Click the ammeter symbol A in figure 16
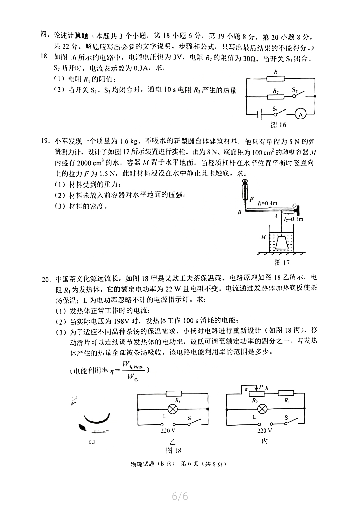click(301, 114)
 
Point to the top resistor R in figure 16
click(276, 78)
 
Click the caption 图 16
click(278, 125)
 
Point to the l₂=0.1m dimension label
click(294, 219)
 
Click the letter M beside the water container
click(264, 237)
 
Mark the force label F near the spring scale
click(252, 199)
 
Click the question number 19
click(46, 141)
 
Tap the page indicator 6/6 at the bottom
click(180, 496)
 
